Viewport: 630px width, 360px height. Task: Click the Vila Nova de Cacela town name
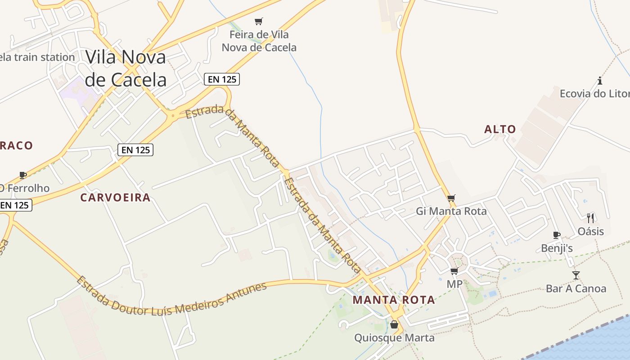[x=126, y=68]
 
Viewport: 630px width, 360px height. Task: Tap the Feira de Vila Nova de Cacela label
[x=259, y=41]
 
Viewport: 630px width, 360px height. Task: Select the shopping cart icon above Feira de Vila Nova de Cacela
[x=258, y=21]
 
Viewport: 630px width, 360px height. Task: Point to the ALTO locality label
[x=500, y=130]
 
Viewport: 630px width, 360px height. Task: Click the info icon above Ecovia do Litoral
[x=599, y=81]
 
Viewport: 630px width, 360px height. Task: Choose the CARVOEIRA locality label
[x=115, y=198]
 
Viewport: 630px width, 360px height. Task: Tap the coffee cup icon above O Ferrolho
[x=22, y=175]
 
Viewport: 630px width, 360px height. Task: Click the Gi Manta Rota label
[x=451, y=211]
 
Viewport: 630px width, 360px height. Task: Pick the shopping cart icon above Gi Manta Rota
[x=451, y=198]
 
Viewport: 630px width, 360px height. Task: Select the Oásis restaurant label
[x=591, y=231]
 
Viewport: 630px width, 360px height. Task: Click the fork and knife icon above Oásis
[x=590, y=218]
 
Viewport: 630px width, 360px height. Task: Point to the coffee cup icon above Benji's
[x=557, y=235]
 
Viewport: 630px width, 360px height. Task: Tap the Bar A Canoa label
[x=576, y=288]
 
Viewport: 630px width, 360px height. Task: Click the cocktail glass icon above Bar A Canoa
[x=576, y=275]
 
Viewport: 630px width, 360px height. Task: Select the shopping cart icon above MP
[x=454, y=271]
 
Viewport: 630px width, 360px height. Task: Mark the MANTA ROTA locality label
[x=394, y=300]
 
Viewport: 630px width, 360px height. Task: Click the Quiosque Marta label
[x=394, y=337]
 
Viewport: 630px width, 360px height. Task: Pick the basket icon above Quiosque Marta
[x=394, y=324]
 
